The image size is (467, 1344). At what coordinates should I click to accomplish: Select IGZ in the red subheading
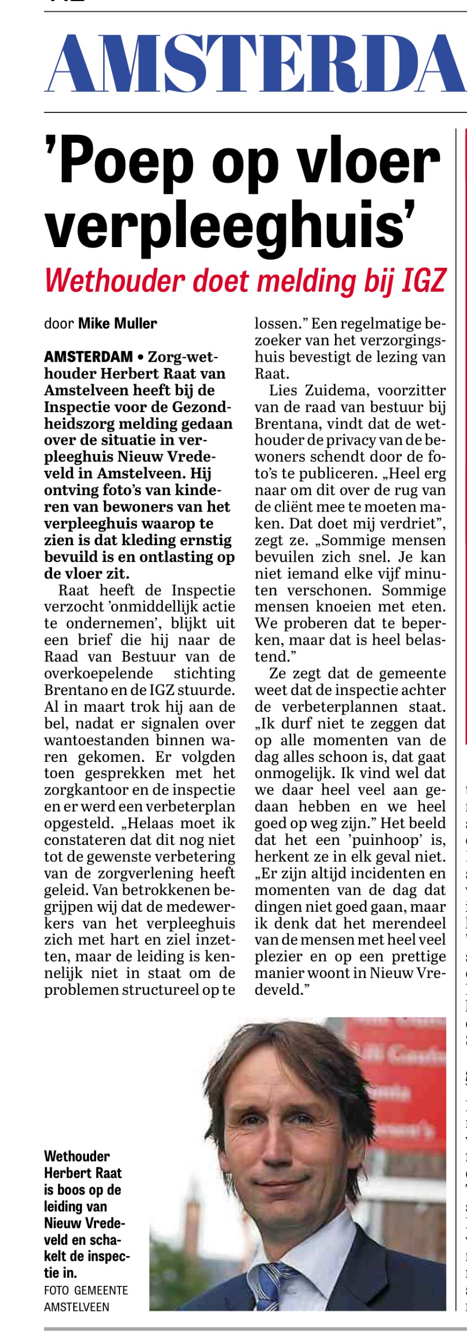click(x=424, y=281)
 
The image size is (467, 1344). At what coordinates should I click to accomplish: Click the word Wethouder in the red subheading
click(x=114, y=281)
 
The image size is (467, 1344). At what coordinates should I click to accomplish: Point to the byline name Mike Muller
click(x=118, y=324)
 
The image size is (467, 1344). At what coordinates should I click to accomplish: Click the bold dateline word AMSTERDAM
click(x=89, y=357)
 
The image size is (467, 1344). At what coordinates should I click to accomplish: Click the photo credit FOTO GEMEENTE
click(x=86, y=1290)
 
